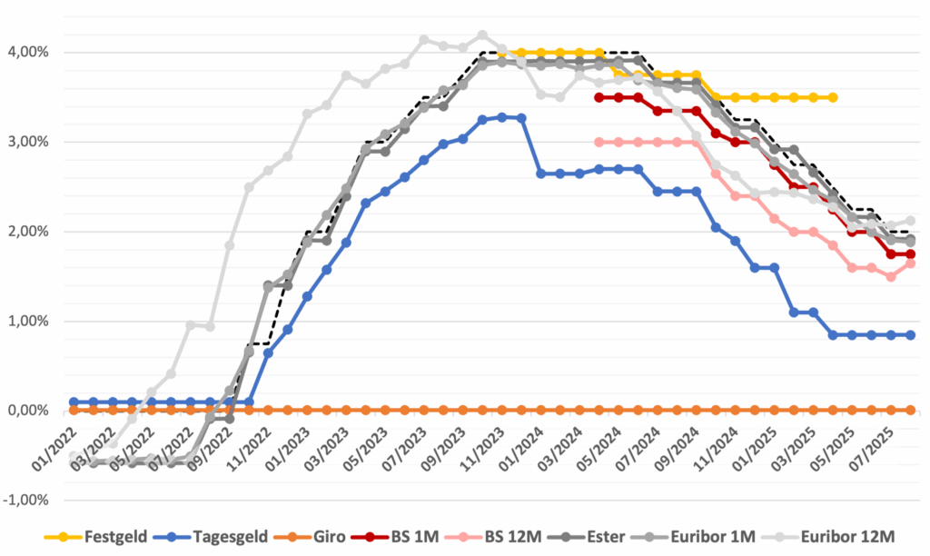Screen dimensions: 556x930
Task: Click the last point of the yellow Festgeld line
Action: click(x=833, y=97)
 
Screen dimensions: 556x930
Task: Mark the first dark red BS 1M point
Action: click(x=599, y=97)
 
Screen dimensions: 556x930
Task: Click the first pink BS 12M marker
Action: click(x=599, y=142)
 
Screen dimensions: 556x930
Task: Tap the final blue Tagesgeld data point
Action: click(x=911, y=335)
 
